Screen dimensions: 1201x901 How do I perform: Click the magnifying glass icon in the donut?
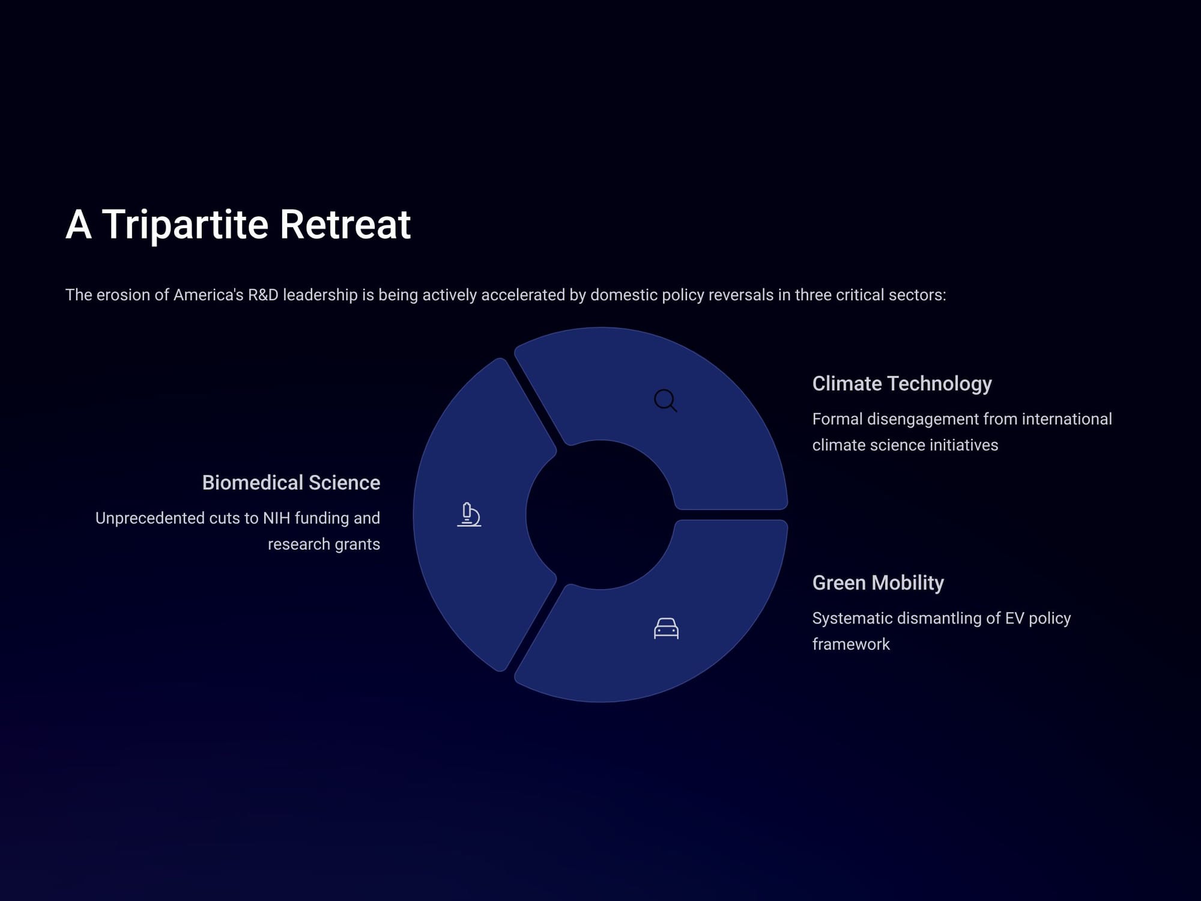[x=665, y=400]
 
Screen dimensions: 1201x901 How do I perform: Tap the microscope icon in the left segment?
[x=469, y=515]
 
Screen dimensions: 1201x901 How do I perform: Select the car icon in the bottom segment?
[x=666, y=628]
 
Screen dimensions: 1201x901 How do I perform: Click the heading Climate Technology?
[x=902, y=383]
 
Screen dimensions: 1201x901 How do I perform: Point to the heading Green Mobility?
[x=878, y=583]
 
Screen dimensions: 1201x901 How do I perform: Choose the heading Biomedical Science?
[x=291, y=482]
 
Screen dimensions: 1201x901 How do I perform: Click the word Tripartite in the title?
[x=185, y=225]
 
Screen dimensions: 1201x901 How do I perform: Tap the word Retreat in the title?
[x=345, y=225]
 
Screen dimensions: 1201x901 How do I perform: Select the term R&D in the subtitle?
[x=263, y=295]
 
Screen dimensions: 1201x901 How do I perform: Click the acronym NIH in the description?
[x=276, y=518]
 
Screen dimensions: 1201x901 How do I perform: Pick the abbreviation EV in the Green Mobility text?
[x=1014, y=618]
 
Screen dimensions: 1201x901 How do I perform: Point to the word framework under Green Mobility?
[x=851, y=645]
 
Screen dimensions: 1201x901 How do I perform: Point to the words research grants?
[x=324, y=545]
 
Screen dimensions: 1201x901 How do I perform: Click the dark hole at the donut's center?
[x=600, y=515]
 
